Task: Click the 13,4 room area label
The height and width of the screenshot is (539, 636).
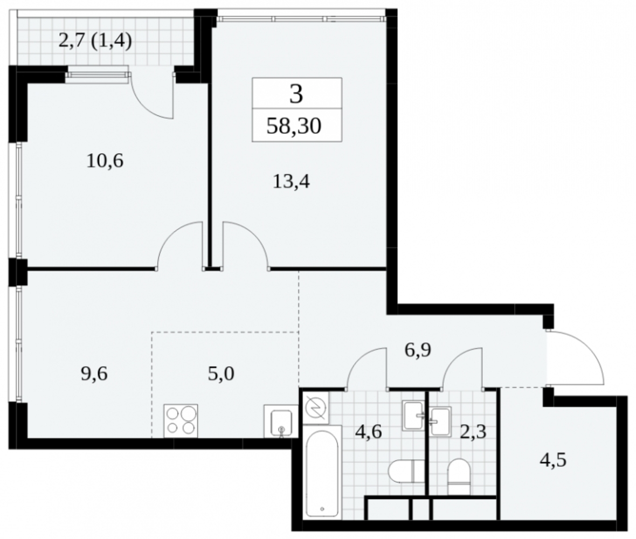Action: click(291, 182)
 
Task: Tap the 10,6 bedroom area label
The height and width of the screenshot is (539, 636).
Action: click(105, 161)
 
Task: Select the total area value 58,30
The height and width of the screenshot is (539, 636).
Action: click(294, 126)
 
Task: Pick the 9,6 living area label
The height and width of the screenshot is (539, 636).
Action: click(94, 374)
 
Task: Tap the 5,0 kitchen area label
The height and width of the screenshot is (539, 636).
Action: click(221, 374)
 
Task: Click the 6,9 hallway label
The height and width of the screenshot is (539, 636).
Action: click(418, 350)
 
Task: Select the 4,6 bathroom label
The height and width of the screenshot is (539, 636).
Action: click(368, 432)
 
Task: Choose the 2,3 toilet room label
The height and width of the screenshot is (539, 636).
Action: click(473, 432)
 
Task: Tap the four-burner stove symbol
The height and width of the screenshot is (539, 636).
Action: click(181, 420)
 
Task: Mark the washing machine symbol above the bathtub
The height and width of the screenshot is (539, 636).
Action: click(316, 407)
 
